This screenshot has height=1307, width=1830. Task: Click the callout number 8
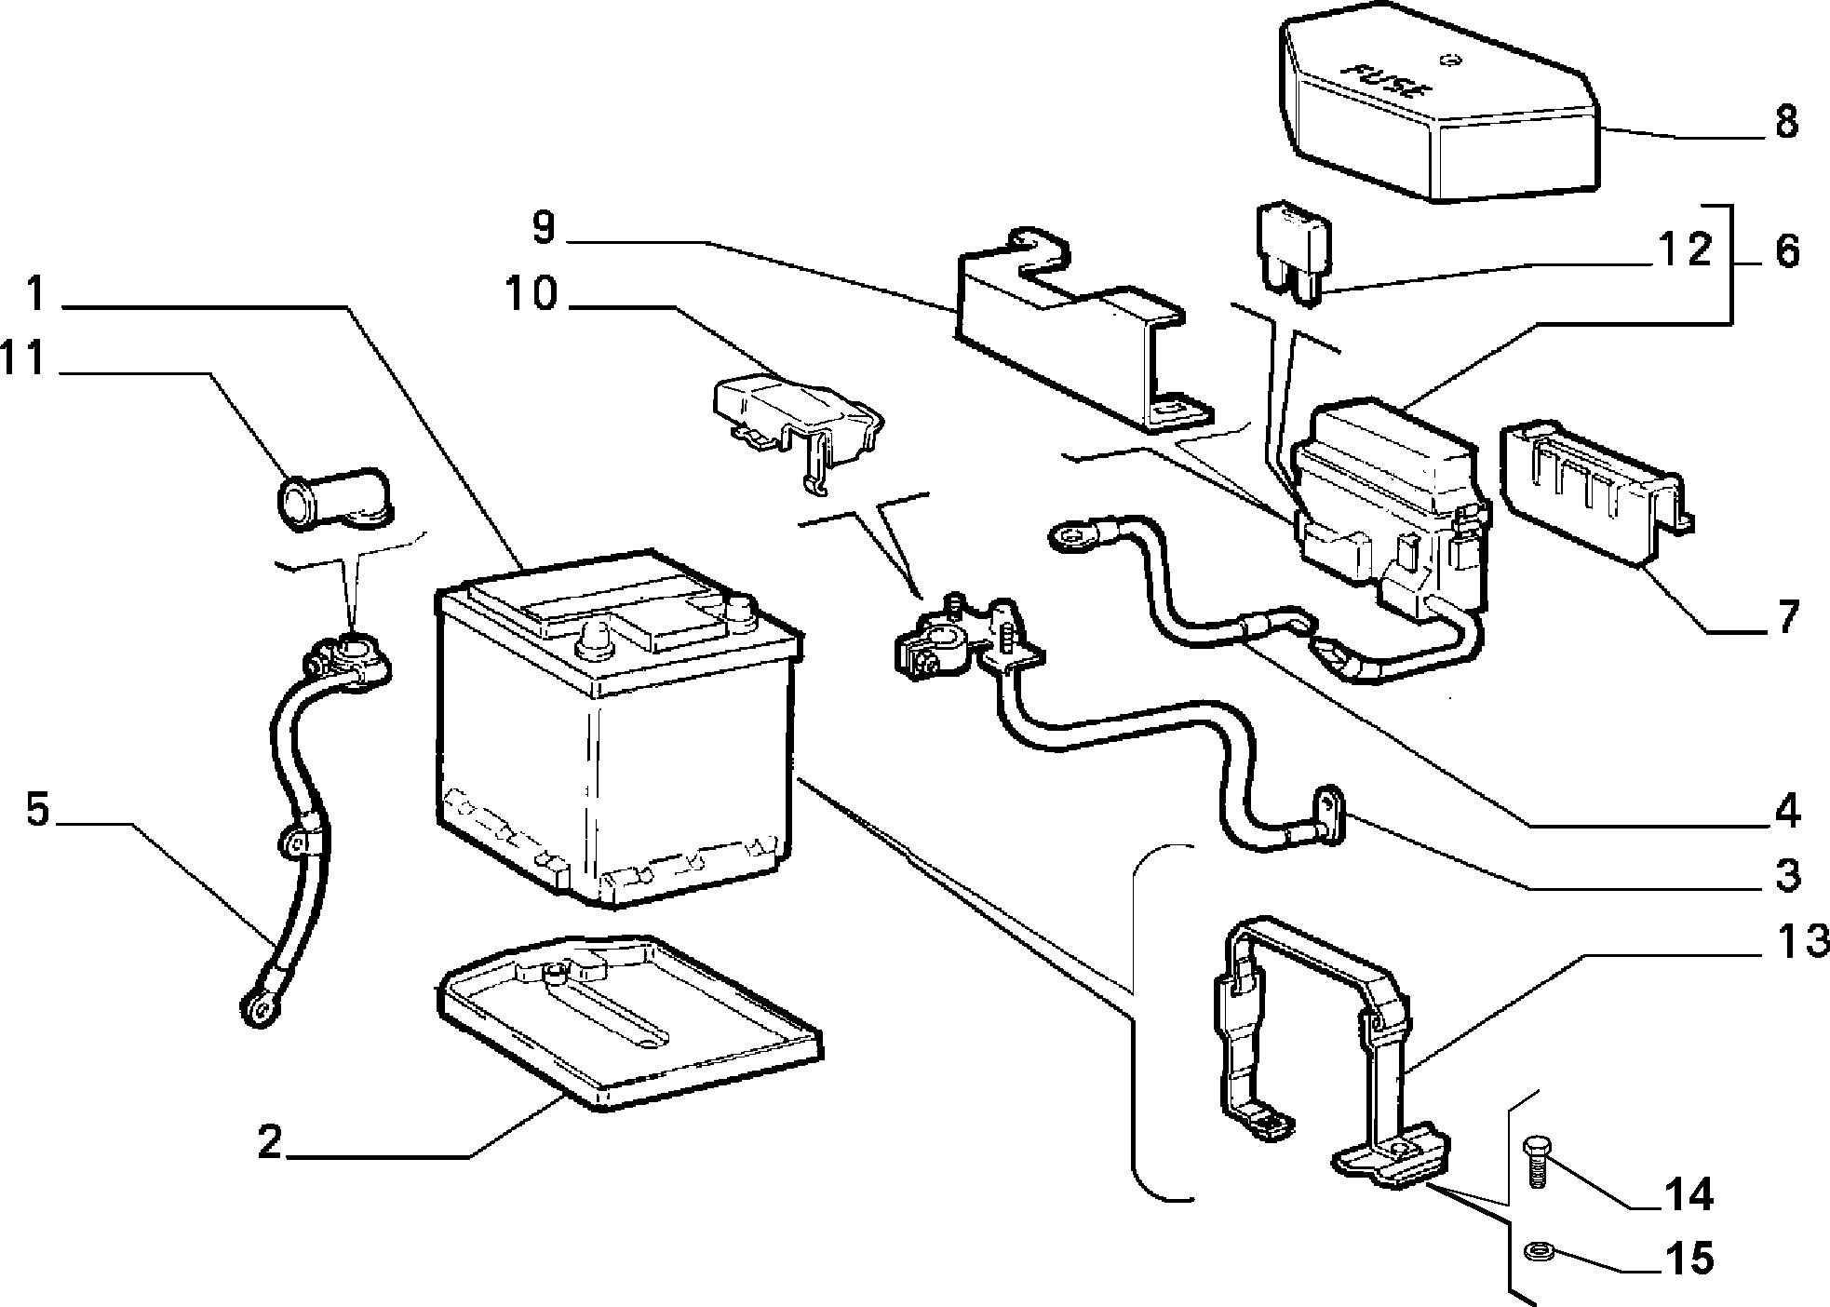[x=1785, y=122]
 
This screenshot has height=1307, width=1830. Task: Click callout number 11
[x=22, y=358]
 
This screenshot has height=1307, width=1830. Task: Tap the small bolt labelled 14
[x=1536, y=1160]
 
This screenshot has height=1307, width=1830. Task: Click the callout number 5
[x=36, y=809]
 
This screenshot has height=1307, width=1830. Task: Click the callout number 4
[x=1786, y=811]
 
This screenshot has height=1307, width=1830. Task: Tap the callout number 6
[x=1786, y=251]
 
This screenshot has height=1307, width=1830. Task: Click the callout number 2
[x=269, y=1142]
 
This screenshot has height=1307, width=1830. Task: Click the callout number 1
[x=35, y=293]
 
